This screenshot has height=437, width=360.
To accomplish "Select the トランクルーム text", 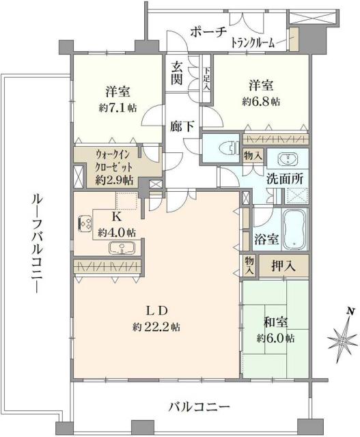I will (253, 43).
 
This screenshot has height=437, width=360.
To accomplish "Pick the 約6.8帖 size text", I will (260, 101).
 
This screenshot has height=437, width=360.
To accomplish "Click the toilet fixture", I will (225, 147).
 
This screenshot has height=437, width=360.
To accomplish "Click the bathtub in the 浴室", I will (296, 230).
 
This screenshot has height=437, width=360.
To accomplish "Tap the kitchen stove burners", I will (87, 223).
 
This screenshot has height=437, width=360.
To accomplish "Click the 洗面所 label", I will (286, 180).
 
